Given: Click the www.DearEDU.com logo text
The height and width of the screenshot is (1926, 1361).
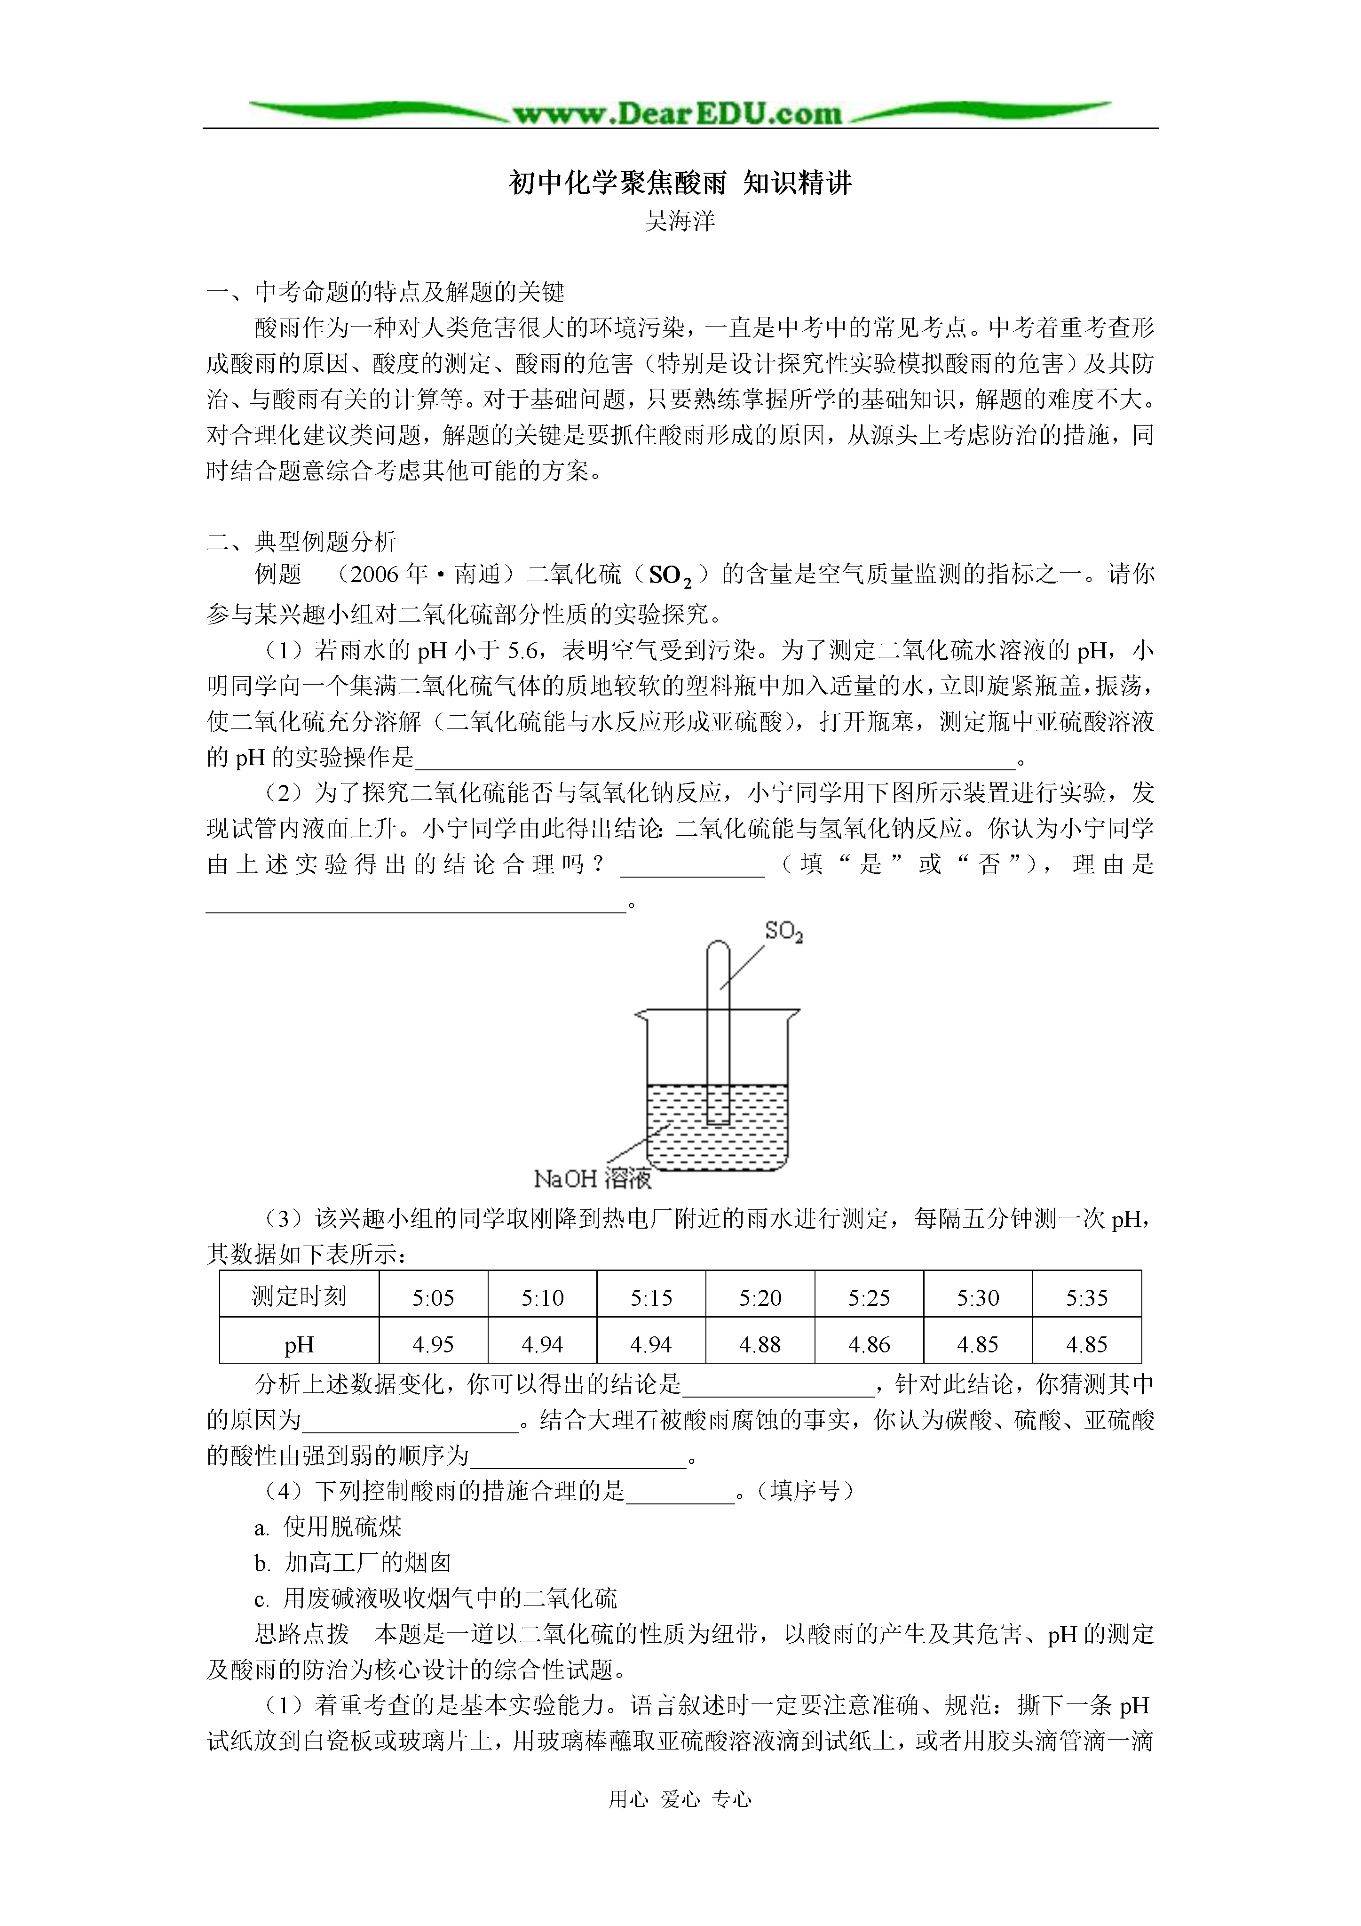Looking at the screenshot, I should pyautogui.click(x=678, y=113).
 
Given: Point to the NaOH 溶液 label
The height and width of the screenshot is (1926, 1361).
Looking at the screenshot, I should pyautogui.click(x=593, y=1179).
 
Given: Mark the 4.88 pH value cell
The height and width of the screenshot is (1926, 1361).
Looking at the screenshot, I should pyautogui.click(x=760, y=1345).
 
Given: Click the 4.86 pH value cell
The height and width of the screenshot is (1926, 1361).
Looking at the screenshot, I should pyautogui.click(x=869, y=1345).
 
